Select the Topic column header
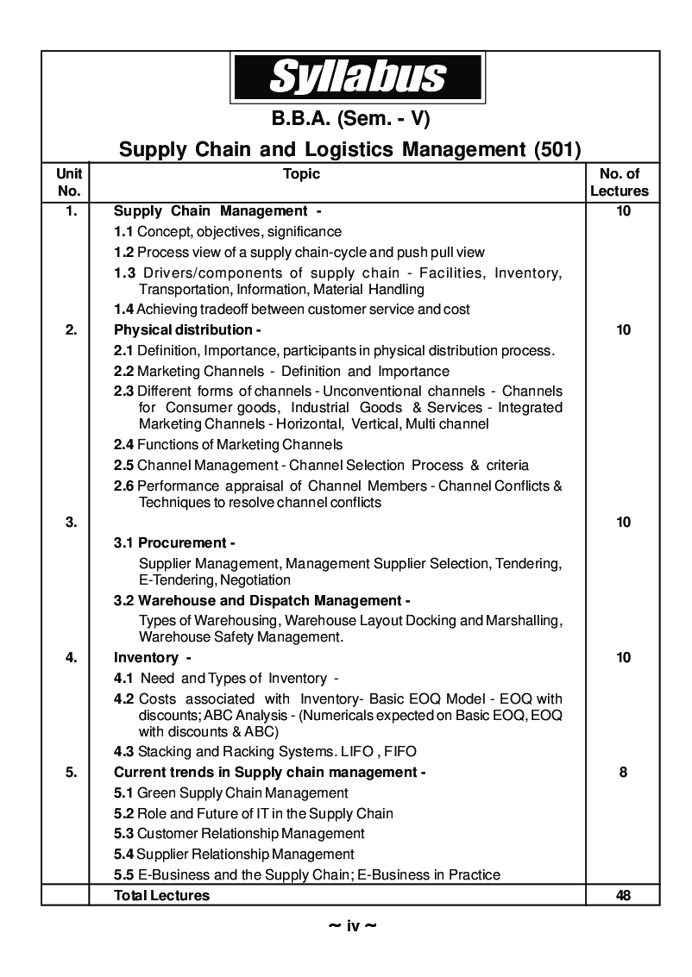301,174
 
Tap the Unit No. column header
68,183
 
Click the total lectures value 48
623,895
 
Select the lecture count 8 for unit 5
623,773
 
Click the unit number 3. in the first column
71,522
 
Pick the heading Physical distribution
186,329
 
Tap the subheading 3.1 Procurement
175,543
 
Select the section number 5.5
124,874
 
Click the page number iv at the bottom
352,927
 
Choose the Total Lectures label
161,895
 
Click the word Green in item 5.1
156,792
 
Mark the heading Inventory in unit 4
147,658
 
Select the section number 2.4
124,445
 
